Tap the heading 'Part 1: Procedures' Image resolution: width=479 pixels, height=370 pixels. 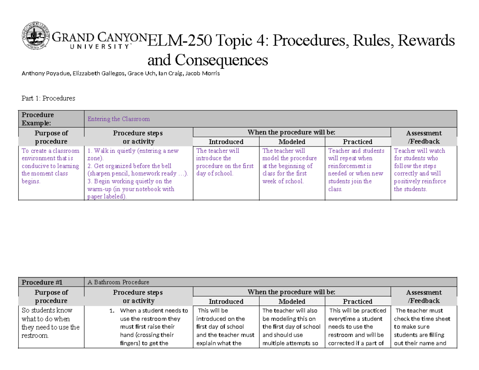48,98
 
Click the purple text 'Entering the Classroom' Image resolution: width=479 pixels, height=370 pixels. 119,119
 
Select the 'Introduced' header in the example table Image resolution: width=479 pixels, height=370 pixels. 226,142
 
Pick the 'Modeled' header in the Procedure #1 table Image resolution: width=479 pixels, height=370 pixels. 292,301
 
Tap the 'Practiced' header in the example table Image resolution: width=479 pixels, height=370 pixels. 358,142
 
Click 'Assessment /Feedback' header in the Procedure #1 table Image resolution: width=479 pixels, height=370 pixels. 424,297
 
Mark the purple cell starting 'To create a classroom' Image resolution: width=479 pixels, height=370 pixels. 51,166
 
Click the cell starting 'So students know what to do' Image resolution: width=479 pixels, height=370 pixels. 51,323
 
